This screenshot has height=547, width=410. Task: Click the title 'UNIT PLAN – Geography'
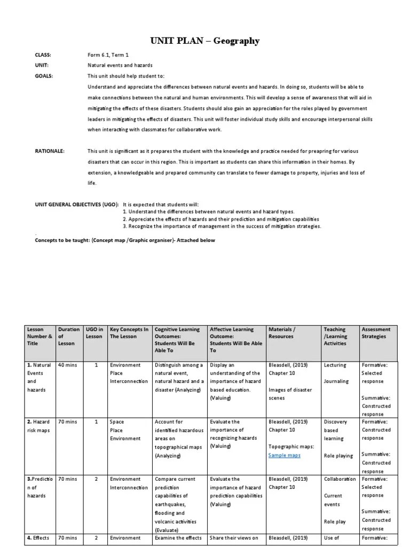pos(204,41)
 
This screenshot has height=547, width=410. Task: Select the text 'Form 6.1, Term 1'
pos(108,55)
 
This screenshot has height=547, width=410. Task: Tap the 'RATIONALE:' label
pos(50,151)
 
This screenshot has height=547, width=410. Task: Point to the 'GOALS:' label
pos(44,76)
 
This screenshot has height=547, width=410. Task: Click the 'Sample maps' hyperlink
pos(285,455)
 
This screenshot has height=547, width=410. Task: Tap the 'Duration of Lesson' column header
pos(69,337)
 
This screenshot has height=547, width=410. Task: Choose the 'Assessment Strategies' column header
pos(376,333)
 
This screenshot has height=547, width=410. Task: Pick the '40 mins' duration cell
pos(67,365)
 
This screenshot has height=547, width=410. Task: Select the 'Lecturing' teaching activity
pos(335,365)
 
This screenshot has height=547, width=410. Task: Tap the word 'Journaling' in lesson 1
pos(336,381)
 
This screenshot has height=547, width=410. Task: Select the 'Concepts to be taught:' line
pos(125,240)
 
